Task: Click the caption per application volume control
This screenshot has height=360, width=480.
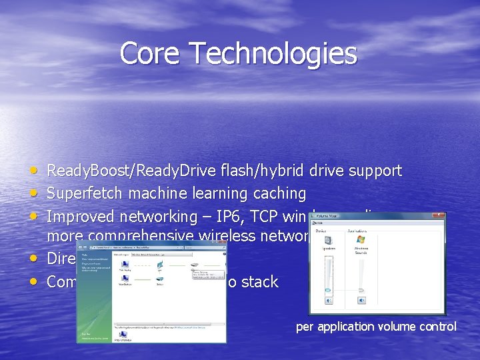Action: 376,327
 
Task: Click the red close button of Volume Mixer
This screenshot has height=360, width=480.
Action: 438,215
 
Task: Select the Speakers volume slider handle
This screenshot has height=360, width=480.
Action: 327,291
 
